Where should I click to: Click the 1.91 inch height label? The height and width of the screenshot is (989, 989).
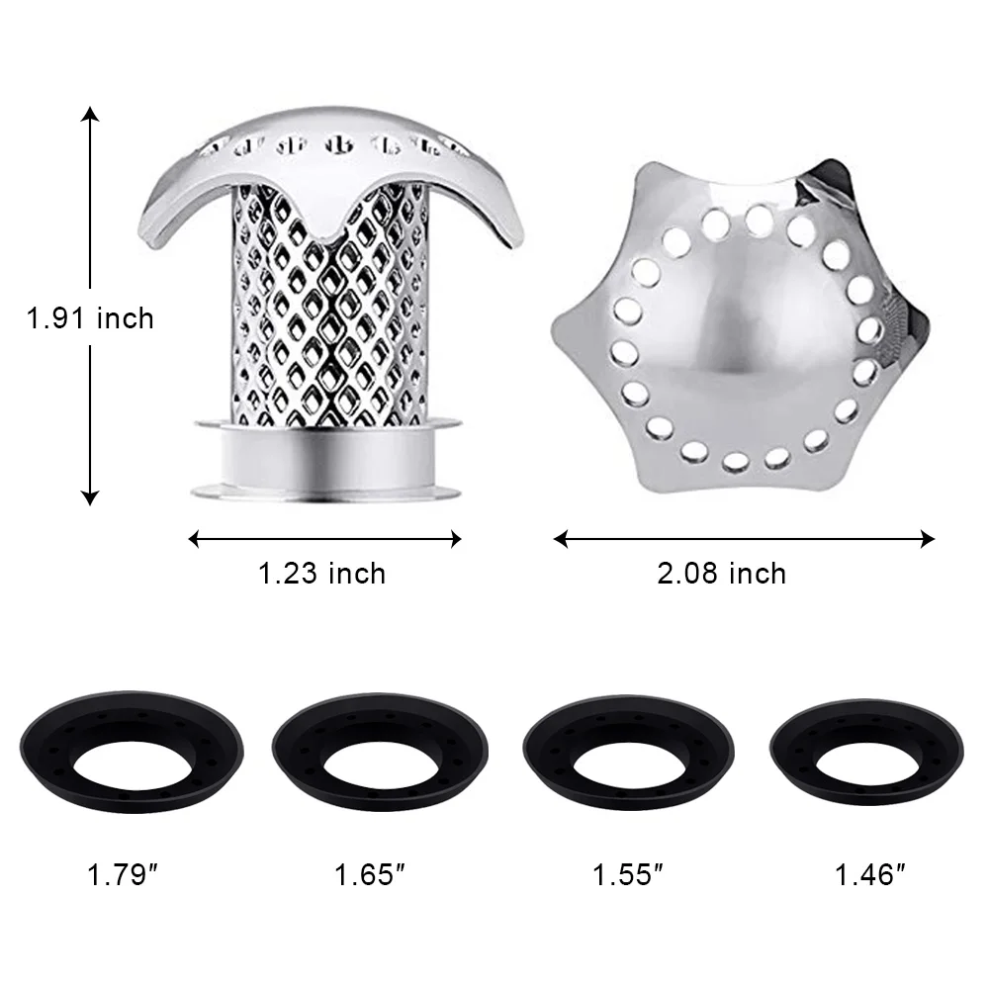pyautogui.click(x=90, y=317)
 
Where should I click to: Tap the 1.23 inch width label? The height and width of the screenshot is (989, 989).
pyautogui.click(x=321, y=574)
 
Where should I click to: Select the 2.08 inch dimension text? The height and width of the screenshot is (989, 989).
pyautogui.click(x=722, y=574)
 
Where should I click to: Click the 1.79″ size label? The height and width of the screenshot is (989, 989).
pyautogui.click(x=122, y=875)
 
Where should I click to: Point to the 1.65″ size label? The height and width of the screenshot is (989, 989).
pyautogui.click(x=369, y=875)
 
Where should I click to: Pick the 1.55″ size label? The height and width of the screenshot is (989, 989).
pyautogui.click(x=628, y=875)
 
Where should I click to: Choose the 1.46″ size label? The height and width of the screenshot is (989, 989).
pyautogui.click(x=869, y=875)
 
